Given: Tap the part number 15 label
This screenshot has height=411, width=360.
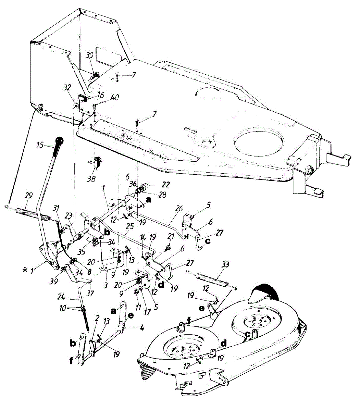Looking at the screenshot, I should (40, 145).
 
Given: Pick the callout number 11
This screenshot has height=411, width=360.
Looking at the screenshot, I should (138, 308).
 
